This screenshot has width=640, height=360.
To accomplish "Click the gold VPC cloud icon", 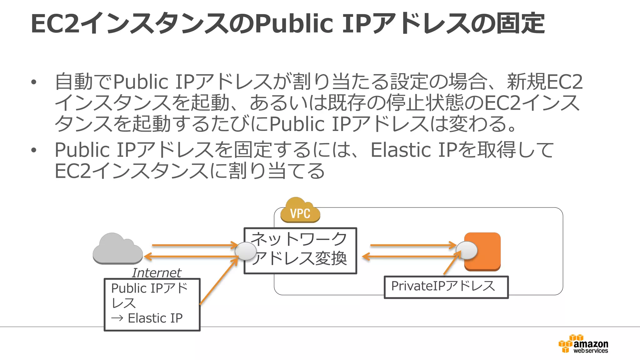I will coord(300,211).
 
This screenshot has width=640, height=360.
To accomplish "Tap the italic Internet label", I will coord(156,273).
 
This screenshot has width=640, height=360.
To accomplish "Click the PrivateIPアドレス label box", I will coord(446,287).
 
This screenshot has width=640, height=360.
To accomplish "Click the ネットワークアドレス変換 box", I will coord(300,251).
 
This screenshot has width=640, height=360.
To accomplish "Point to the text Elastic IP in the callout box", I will coord(155,318).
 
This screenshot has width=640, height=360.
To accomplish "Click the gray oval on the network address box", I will coord(246,251).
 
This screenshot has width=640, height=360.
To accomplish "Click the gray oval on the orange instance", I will coord(467,250).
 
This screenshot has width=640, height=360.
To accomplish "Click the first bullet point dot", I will coord(34,82).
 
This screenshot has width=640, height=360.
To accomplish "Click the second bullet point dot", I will coord(34,150).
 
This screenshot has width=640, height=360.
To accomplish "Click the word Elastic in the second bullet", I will coord(401,150).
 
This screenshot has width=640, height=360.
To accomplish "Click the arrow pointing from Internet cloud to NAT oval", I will coord(194,245).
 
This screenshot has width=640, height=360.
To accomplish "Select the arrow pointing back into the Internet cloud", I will coord(191,257).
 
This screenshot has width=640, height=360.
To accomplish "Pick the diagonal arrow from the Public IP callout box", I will coord(219,281).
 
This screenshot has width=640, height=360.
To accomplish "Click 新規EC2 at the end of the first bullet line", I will coord(544,82).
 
